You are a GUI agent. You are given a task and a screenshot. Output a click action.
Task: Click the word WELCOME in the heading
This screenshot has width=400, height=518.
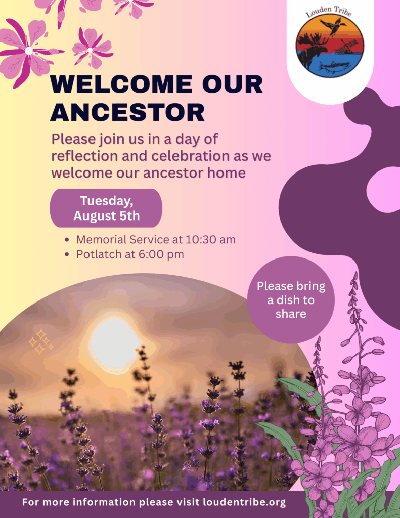[x=121, y=84]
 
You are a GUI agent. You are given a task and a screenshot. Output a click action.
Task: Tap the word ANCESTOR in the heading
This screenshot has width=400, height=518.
[x=127, y=112]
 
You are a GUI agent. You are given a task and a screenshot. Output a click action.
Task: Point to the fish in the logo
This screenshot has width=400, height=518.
[x=336, y=67]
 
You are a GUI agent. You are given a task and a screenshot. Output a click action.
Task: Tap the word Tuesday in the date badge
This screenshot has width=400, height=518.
[x=106, y=201]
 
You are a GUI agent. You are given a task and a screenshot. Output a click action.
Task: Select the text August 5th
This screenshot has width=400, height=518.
[x=106, y=215]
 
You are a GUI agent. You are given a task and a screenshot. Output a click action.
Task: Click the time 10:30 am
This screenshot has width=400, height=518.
[x=210, y=239]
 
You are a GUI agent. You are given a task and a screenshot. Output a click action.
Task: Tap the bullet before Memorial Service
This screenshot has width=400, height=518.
[x=67, y=240]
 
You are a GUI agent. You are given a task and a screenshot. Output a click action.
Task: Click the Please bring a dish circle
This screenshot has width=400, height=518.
[x=291, y=300]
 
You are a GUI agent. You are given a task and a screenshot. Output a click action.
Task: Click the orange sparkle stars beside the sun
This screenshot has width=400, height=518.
[x=41, y=341]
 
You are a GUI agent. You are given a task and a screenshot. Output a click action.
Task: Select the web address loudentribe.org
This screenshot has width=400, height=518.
[x=244, y=502]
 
